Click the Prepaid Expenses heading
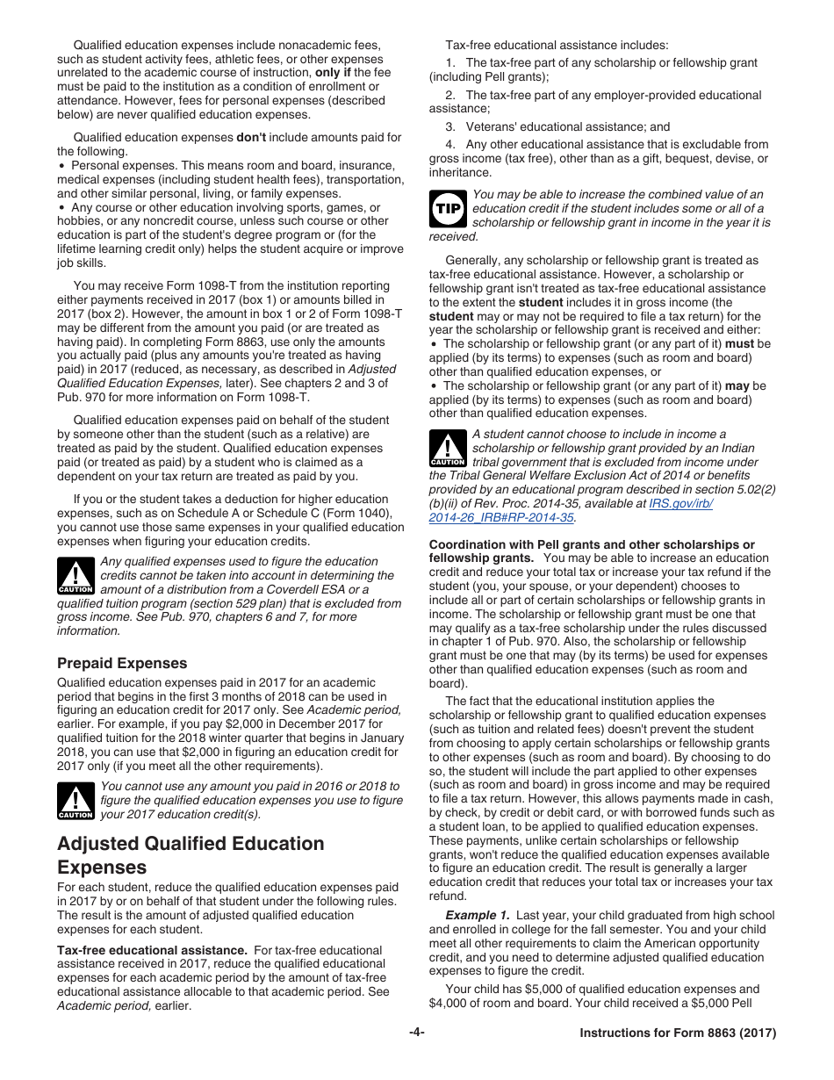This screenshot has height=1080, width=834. click(122, 663)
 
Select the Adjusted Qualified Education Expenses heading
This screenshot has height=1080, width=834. click(190, 855)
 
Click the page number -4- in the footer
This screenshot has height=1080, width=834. click(417, 1033)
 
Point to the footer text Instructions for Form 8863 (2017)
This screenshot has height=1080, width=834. click(678, 1033)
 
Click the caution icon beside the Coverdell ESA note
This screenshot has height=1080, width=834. click(75, 576)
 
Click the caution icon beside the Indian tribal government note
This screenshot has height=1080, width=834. click(448, 448)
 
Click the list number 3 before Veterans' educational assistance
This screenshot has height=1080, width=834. click(449, 126)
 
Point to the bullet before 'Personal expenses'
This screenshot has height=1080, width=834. click(61, 166)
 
